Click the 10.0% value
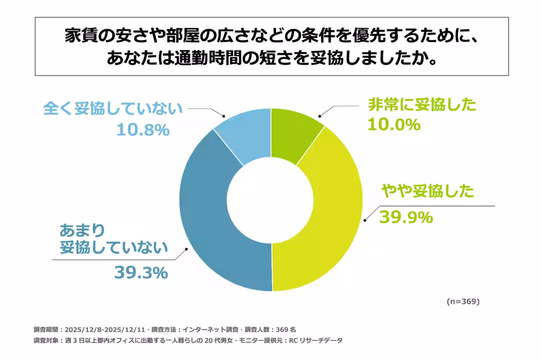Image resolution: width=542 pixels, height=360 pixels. [393, 124]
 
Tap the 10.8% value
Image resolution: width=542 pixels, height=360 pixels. [143, 130]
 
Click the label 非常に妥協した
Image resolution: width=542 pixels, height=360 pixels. [422, 105]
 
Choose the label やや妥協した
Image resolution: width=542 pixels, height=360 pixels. [427, 191]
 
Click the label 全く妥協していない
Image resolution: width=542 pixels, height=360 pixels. [112, 109]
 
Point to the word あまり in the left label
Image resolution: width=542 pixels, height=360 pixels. [83, 230]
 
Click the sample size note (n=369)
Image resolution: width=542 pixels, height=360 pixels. [463, 301]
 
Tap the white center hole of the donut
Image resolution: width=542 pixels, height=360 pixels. [272, 200]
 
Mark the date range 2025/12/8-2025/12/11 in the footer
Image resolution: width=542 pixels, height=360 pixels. [105, 329]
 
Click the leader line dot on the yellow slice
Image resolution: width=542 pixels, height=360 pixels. [364, 219]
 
